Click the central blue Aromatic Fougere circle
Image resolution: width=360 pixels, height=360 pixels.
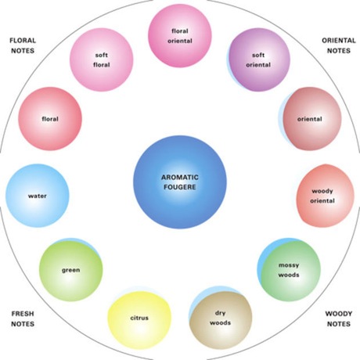[180, 182]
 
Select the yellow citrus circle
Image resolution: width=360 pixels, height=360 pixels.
[139, 320]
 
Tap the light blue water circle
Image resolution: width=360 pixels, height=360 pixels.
[38, 196]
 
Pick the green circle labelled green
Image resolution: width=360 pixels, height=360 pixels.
[71, 271]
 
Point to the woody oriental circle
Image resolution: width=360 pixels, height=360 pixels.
[325, 196]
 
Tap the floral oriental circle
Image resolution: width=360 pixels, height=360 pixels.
[180, 36]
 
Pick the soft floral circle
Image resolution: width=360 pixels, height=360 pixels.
[102, 59]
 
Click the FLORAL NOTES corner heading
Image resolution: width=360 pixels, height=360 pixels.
[23, 45]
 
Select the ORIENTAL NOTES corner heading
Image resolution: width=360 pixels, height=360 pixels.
[339, 45]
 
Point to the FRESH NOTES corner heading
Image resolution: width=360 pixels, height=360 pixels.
[23, 319]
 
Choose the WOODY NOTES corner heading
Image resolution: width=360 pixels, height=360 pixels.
[339, 319]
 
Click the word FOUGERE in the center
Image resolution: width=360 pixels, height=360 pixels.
[180, 187]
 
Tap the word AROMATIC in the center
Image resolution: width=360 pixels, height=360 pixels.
[180, 178]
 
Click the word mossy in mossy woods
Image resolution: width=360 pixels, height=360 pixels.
[289, 265]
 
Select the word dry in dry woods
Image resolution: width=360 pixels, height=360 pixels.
[221, 313]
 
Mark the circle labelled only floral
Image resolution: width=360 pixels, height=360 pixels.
[50, 119]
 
